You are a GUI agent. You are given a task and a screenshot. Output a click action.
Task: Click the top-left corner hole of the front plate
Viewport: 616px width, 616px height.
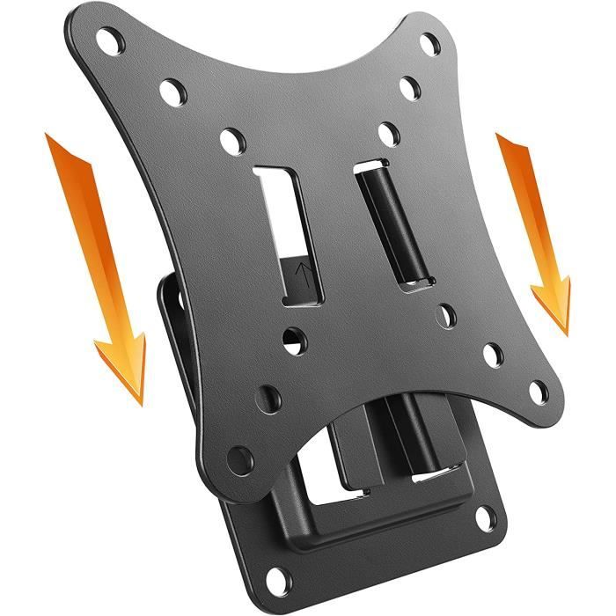click(110, 40)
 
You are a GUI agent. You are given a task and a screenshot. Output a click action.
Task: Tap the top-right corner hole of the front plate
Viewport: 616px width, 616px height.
click(430, 42)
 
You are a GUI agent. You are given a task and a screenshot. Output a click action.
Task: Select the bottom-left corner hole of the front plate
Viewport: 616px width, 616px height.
click(239, 458)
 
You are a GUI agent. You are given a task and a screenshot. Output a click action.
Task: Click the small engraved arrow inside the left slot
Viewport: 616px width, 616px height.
click(302, 269)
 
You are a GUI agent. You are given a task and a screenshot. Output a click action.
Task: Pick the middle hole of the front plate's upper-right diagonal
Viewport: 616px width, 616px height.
click(409, 88)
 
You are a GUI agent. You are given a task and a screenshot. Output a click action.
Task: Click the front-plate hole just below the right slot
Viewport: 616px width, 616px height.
click(447, 314)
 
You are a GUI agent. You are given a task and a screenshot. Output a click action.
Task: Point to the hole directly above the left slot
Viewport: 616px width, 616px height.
click(231, 139)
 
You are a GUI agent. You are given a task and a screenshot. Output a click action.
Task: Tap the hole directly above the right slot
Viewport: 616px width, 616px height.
click(388, 134)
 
